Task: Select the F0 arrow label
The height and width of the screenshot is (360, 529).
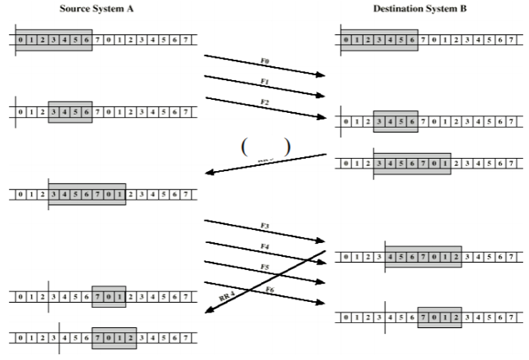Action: click(264, 60)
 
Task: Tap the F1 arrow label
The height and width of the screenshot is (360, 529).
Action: click(264, 81)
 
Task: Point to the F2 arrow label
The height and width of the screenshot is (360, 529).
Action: click(264, 102)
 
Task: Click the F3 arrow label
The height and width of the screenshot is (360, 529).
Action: click(264, 226)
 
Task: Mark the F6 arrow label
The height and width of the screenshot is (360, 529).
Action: click(269, 290)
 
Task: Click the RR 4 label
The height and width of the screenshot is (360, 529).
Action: click(227, 296)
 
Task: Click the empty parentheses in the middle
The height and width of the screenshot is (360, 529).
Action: click(265, 146)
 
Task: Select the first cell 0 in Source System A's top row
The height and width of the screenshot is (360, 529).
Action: click(21, 40)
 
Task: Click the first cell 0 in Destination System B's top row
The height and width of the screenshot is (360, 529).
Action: click(346, 40)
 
